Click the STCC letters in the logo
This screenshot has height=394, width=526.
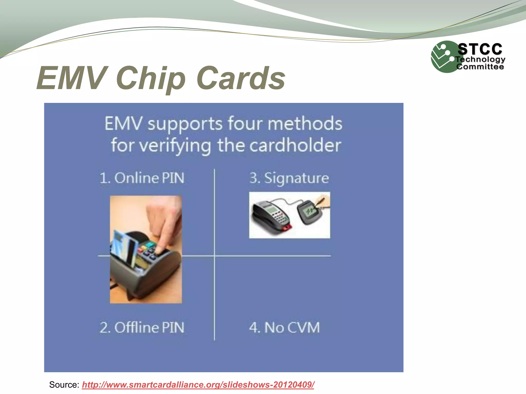(x=480, y=49)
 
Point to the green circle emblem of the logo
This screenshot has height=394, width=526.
(x=443, y=57)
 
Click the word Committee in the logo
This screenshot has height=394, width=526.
(x=480, y=67)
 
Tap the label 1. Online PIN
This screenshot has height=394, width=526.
(x=142, y=178)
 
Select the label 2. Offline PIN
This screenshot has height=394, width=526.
(x=142, y=328)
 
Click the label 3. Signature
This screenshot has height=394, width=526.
(x=289, y=178)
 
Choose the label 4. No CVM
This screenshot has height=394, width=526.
(x=284, y=328)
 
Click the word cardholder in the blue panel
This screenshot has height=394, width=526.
(x=295, y=145)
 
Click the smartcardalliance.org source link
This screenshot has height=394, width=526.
(x=198, y=385)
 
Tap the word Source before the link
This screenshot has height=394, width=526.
(x=64, y=385)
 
